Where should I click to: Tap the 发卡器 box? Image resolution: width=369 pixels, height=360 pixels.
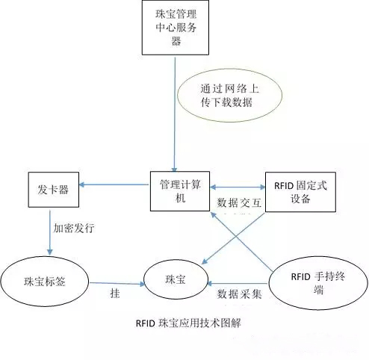53,190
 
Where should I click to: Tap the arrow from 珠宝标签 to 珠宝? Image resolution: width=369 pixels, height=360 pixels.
116,283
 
